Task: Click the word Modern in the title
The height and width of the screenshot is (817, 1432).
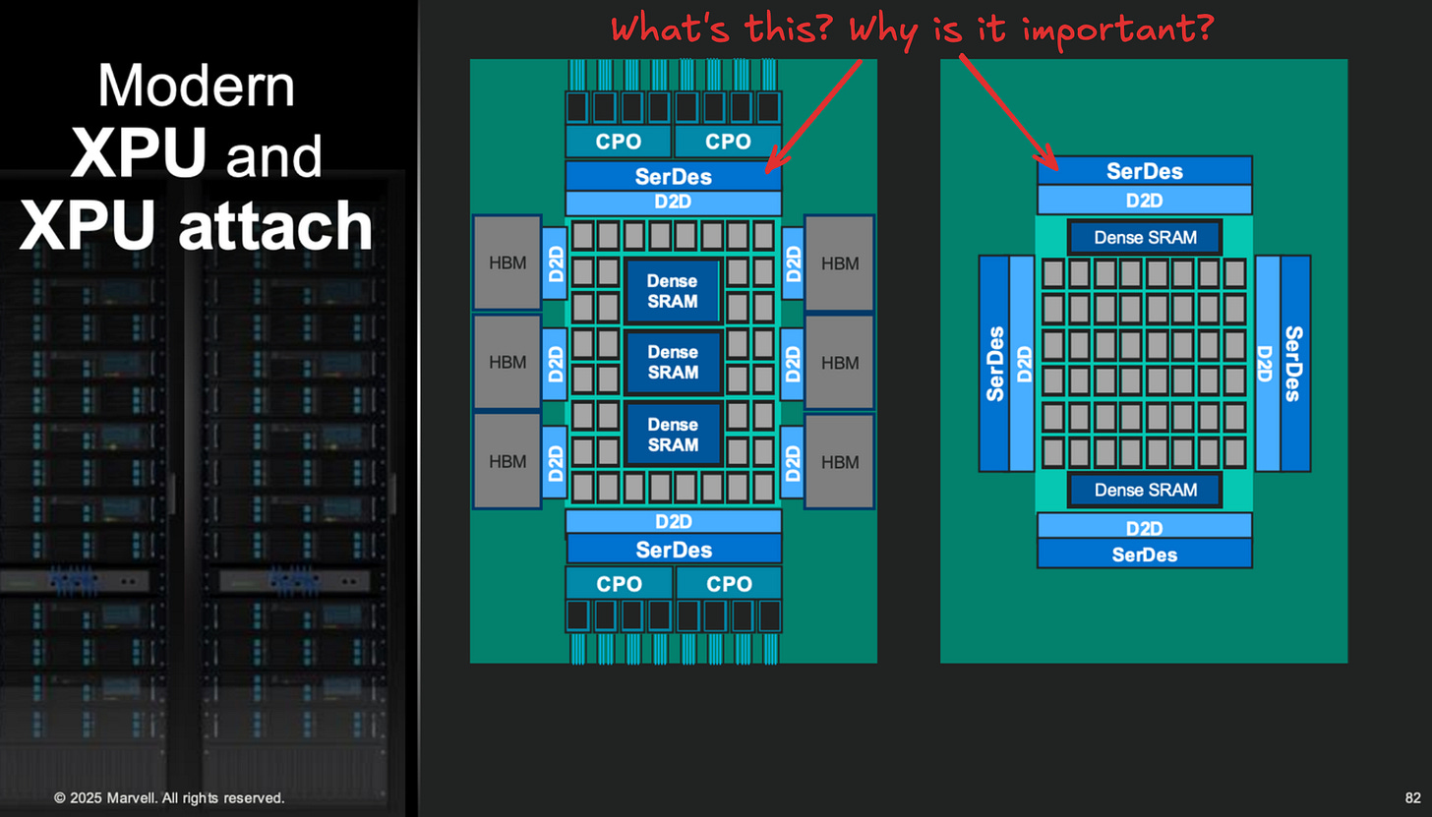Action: pyautogui.click(x=196, y=87)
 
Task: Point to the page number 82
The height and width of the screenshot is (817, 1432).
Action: pyautogui.click(x=1412, y=798)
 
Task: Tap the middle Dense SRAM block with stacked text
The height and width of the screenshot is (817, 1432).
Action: pyautogui.click(x=673, y=362)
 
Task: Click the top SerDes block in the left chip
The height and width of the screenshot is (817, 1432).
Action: pyautogui.click(x=673, y=176)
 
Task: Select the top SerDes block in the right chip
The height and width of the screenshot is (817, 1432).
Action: pyautogui.click(x=1144, y=170)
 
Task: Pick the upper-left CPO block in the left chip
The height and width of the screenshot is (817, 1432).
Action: pyautogui.click(x=619, y=142)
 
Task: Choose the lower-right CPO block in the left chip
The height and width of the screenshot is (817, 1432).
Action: pyautogui.click(x=729, y=584)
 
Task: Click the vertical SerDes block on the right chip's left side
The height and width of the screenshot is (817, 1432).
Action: pyautogui.click(x=994, y=364)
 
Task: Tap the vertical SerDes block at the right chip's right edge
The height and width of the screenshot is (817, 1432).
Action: pyautogui.click(x=1294, y=364)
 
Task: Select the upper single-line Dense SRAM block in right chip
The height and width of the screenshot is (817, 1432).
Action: pyautogui.click(x=1145, y=237)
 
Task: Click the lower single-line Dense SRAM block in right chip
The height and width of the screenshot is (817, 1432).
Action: pyautogui.click(x=1145, y=490)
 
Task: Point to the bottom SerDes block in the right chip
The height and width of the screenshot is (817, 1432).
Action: pyautogui.click(x=1144, y=554)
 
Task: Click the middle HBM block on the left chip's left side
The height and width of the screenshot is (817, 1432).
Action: pyautogui.click(x=507, y=362)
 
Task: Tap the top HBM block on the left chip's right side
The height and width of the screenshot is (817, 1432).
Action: pyautogui.click(x=839, y=263)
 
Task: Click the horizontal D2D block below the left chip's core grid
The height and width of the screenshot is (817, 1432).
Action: pyautogui.click(x=673, y=521)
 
